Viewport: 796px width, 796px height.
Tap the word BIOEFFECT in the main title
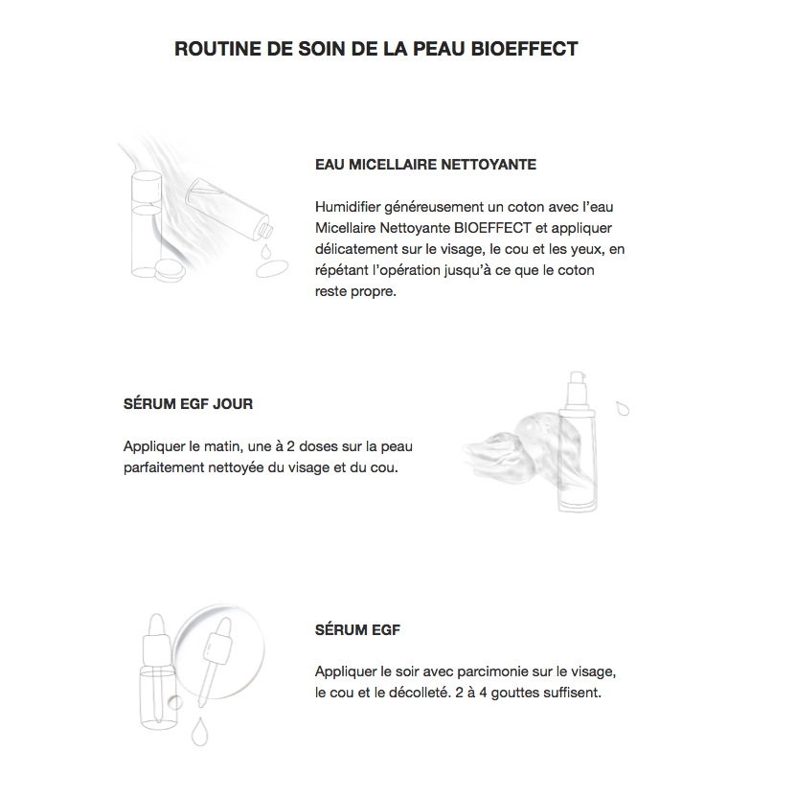(526, 49)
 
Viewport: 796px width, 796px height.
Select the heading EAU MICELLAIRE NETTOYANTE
(425, 165)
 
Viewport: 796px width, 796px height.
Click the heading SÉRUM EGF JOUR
(188, 403)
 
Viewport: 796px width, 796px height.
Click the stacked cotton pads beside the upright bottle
(171, 270)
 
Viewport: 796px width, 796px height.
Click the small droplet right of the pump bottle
(624, 408)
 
